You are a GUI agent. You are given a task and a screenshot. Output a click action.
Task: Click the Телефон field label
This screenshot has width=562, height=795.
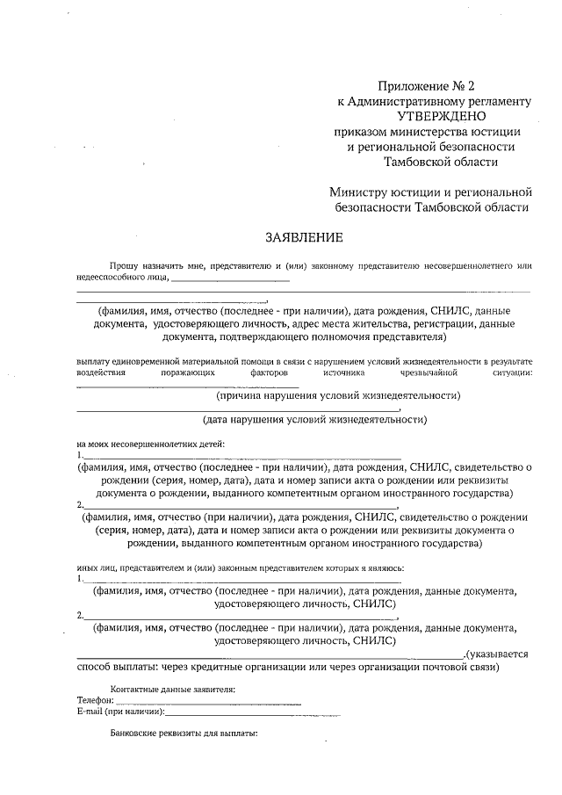click(x=95, y=700)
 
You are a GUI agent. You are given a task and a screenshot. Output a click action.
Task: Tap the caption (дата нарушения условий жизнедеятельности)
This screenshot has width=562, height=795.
click(x=314, y=419)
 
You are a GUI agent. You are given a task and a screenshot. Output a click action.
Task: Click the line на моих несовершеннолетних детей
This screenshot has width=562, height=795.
click(x=150, y=443)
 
